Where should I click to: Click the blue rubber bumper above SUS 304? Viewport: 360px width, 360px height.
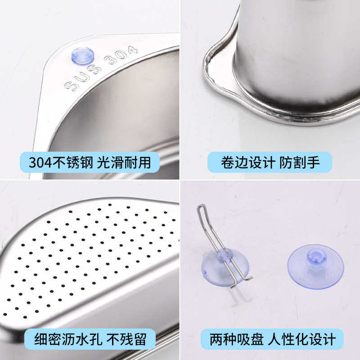point(83,56)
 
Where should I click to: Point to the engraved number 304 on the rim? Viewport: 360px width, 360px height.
point(120,55)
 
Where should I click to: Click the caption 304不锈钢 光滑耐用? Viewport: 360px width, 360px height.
point(90,162)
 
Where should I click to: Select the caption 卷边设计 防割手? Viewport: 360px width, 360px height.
point(270,162)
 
